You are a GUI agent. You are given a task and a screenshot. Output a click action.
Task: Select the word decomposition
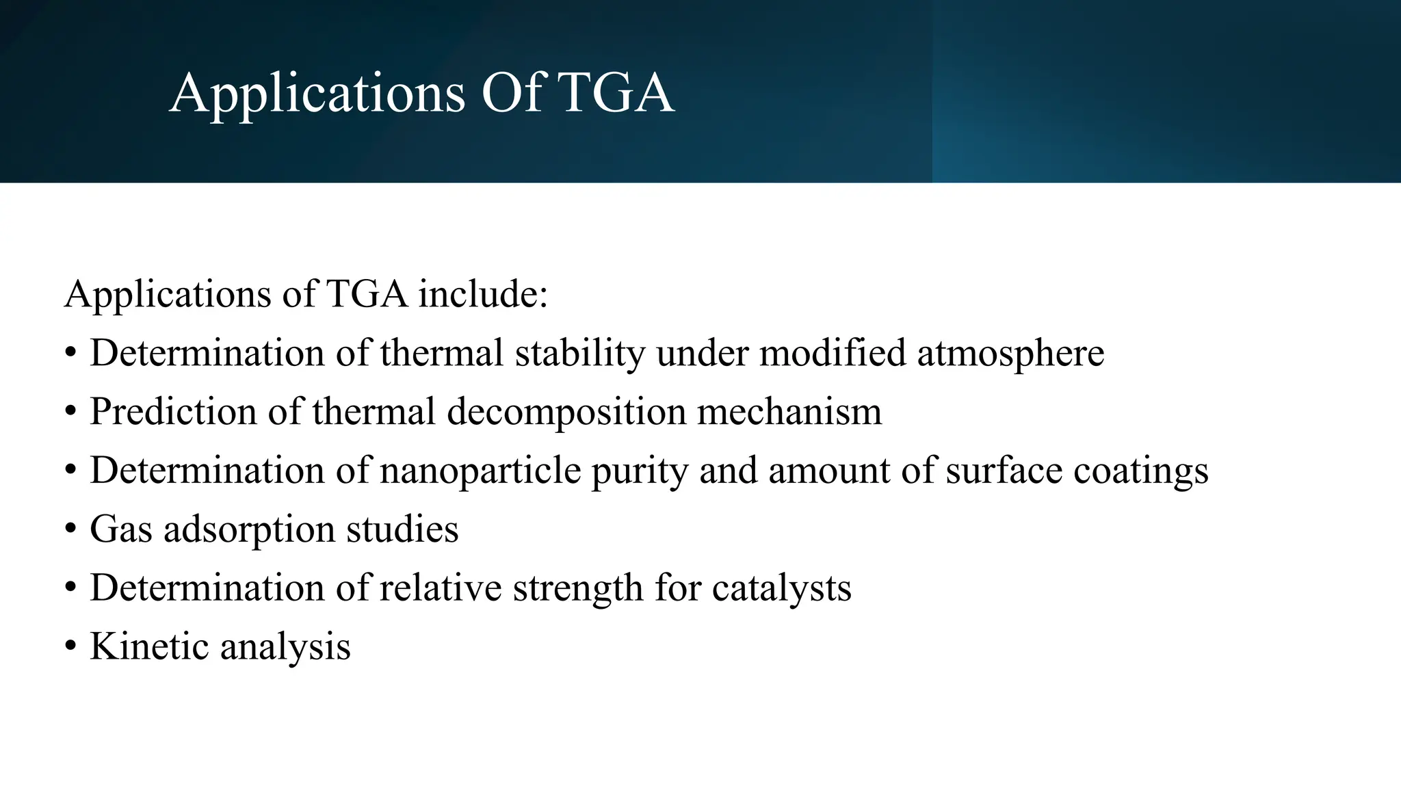click(566, 412)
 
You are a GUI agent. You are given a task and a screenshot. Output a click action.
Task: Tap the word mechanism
click(789, 412)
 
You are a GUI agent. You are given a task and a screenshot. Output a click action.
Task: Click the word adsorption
click(249, 529)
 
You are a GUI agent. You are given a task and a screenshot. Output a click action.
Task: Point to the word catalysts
click(781, 588)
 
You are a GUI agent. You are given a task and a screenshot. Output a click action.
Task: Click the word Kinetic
click(149, 646)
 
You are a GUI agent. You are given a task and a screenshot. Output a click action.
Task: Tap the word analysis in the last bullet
click(285, 646)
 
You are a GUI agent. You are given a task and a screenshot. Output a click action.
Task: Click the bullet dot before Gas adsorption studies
click(70, 529)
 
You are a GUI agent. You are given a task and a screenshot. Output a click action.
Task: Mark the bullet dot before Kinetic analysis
click(70, 647)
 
